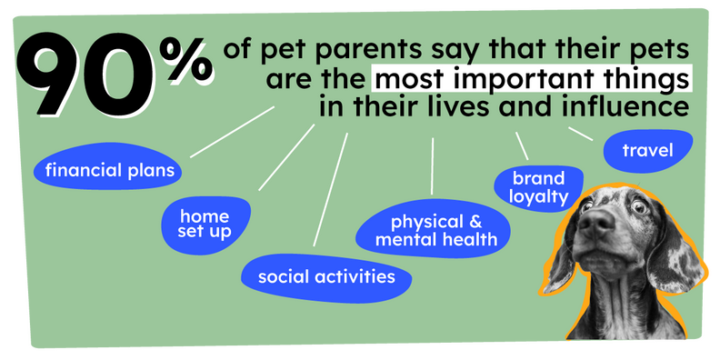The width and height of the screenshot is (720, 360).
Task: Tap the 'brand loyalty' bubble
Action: pyautogui.click(x=539, y=186)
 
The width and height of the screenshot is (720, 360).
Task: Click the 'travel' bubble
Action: pyautogui.click(x=648, y=150)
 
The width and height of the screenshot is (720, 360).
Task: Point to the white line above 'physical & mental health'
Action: pyautogui.click(x=433, y=166)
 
